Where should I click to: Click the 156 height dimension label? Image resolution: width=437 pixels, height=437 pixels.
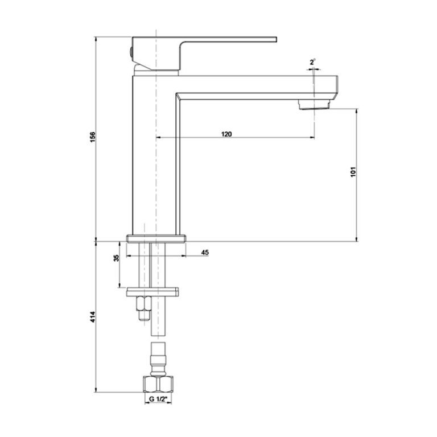coord(93,137)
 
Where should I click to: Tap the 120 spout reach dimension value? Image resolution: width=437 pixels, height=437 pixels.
coord(226,134)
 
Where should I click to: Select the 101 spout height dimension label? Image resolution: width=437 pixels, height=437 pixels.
coord(353,172)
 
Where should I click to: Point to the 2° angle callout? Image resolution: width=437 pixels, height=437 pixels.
coord(312,62)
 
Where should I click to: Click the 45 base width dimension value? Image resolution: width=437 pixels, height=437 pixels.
coord(205,253)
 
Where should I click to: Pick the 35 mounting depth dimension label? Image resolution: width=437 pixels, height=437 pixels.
coord(117,258)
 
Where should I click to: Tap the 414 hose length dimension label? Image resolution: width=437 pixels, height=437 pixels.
coord(93,317)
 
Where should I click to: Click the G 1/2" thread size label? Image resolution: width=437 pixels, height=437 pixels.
coord(158,399)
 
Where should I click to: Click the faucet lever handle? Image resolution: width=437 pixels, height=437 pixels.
coord(204,53)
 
